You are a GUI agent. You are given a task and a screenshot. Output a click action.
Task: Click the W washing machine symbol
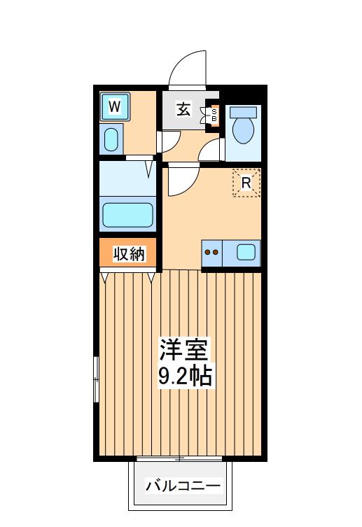[115, 107]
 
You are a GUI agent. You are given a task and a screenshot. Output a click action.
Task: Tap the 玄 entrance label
[183, 110]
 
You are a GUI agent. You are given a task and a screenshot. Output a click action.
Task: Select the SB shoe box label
[214, 115]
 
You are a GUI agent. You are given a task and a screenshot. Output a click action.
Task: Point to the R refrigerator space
[246, 183]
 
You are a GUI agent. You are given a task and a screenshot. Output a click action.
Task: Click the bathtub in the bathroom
[127, 215]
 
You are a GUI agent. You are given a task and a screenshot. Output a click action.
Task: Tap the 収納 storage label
[128, 254]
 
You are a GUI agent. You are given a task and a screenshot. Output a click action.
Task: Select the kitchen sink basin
[246, 252]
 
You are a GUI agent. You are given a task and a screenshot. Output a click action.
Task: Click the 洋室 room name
[183, 350]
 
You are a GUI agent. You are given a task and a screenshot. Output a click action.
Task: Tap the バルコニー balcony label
[183, 486]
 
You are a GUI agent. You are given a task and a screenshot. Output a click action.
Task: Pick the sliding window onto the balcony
[179, 458]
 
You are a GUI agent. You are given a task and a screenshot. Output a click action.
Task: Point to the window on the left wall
[96, 379]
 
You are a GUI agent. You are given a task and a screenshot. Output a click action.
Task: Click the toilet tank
[244, 111]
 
